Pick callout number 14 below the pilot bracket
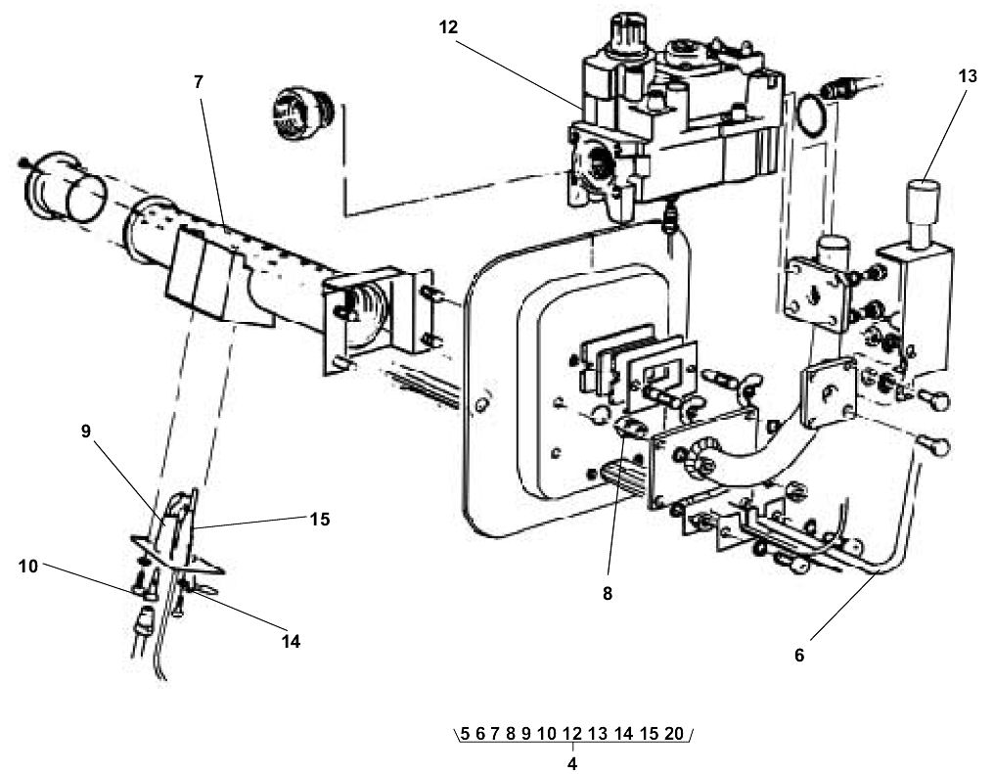[292, 642]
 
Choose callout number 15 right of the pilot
[319, 520]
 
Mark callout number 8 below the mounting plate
[607, 592]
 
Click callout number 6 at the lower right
[798, 656]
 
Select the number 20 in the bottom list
[673, 734]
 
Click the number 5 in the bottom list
[466, 734]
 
